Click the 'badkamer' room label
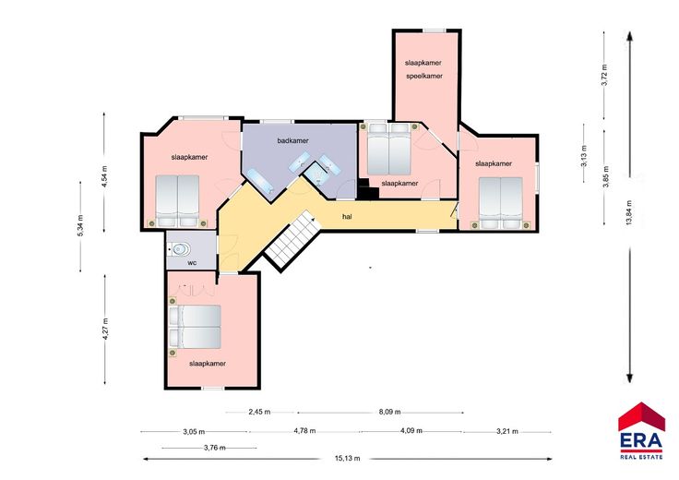[x=292, y=141]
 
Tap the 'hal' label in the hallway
[x=347, y=217]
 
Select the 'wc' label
[x=192, y=263]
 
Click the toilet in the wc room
[x=180, y=249]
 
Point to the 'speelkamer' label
[x=424, y=77]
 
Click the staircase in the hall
[x=292, y=240]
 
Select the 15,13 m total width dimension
[x=347, y=459]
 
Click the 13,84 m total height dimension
[x=629, y=212]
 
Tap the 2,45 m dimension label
[x=259, y=412]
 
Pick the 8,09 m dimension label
[x=389, y=412]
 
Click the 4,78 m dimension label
[x=304, y=431]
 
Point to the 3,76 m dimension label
[x=215, y=448]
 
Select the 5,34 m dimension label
[x=80, y=226]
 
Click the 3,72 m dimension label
[x=605, y=75]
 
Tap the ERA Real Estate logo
[x=641, y=430]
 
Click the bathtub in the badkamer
[x=259, y=181]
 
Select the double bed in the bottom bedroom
[x=196, y=327]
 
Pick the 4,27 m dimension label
[x=106, y=329]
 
